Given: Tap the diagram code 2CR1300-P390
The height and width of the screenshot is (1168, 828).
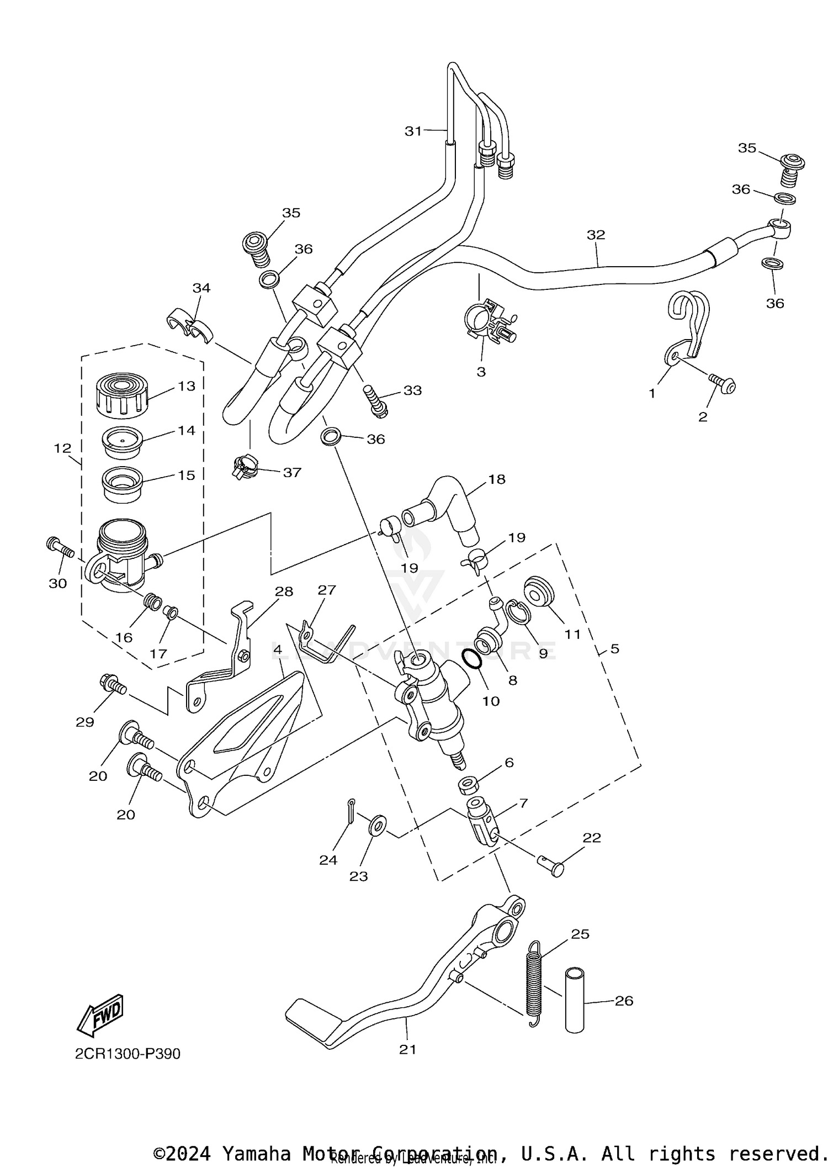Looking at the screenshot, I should point(128,1054).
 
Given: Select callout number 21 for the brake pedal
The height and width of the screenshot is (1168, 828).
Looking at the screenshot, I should point(407,1049).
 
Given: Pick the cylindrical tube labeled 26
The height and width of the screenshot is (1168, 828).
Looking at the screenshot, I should point(575,1000).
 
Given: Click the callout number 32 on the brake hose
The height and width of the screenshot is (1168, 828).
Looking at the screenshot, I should point(596,235).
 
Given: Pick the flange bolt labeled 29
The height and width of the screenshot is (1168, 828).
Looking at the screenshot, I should point(113,685).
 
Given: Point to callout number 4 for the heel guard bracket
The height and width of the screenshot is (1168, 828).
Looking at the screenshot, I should point(278,650).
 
